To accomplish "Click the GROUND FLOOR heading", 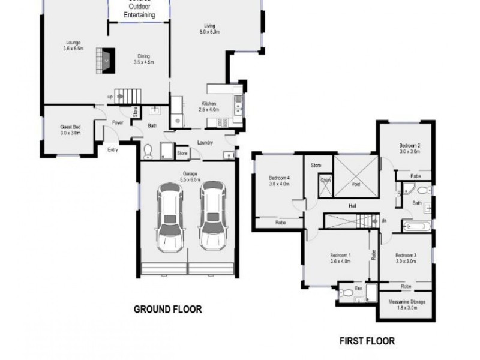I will [x=167, y=310].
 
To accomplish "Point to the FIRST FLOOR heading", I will [x=367, y=341].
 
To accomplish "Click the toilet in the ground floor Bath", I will [x=149, y=151].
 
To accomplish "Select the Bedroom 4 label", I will [x=279, y=178].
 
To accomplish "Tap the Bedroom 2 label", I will [x=410, y=146].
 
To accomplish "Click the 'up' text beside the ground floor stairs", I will [x=110, y=96].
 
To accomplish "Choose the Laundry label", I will [x=205, y=143].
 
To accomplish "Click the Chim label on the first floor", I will [x=325, y=179].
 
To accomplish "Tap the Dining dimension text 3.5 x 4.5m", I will [x=143, y=62].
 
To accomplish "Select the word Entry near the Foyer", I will [x=113, y=150].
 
